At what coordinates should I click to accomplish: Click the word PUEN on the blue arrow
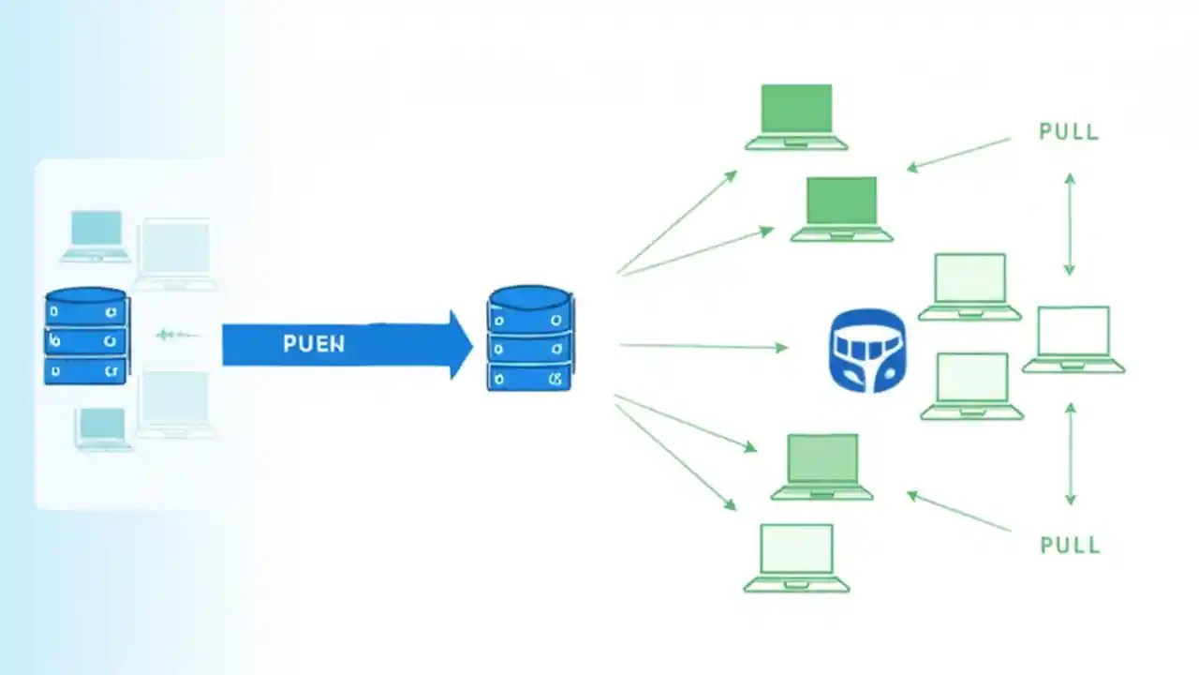314,344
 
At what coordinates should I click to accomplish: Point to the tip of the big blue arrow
471,345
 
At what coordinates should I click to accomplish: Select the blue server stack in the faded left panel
86,337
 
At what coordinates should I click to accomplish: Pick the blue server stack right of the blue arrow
530,338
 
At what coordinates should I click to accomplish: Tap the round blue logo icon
867,351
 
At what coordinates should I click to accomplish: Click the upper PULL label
1069,132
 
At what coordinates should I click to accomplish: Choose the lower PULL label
1070,546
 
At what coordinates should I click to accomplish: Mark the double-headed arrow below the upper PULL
1070,223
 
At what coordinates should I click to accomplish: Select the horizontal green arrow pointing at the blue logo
703,346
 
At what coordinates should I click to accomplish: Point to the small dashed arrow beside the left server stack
177,334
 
